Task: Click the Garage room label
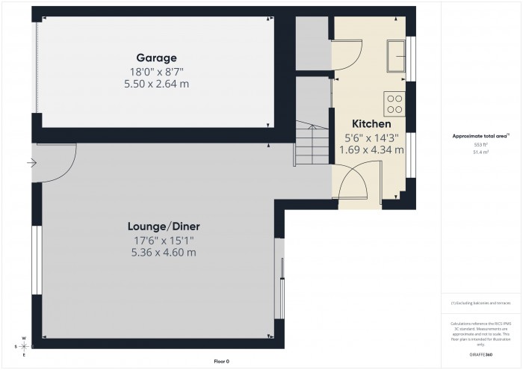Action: click(156, 58)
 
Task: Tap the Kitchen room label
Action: click(371, 123)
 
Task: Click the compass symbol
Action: click(24, 347)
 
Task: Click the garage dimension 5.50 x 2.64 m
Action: click(157, 84)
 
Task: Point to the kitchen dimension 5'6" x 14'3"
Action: click(371, 138)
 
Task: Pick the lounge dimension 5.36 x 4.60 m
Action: click(164, 253)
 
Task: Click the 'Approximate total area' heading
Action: click(480, 136)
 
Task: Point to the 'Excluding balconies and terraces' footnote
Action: click(480, 303)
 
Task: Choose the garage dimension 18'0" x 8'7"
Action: click(157, 72)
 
